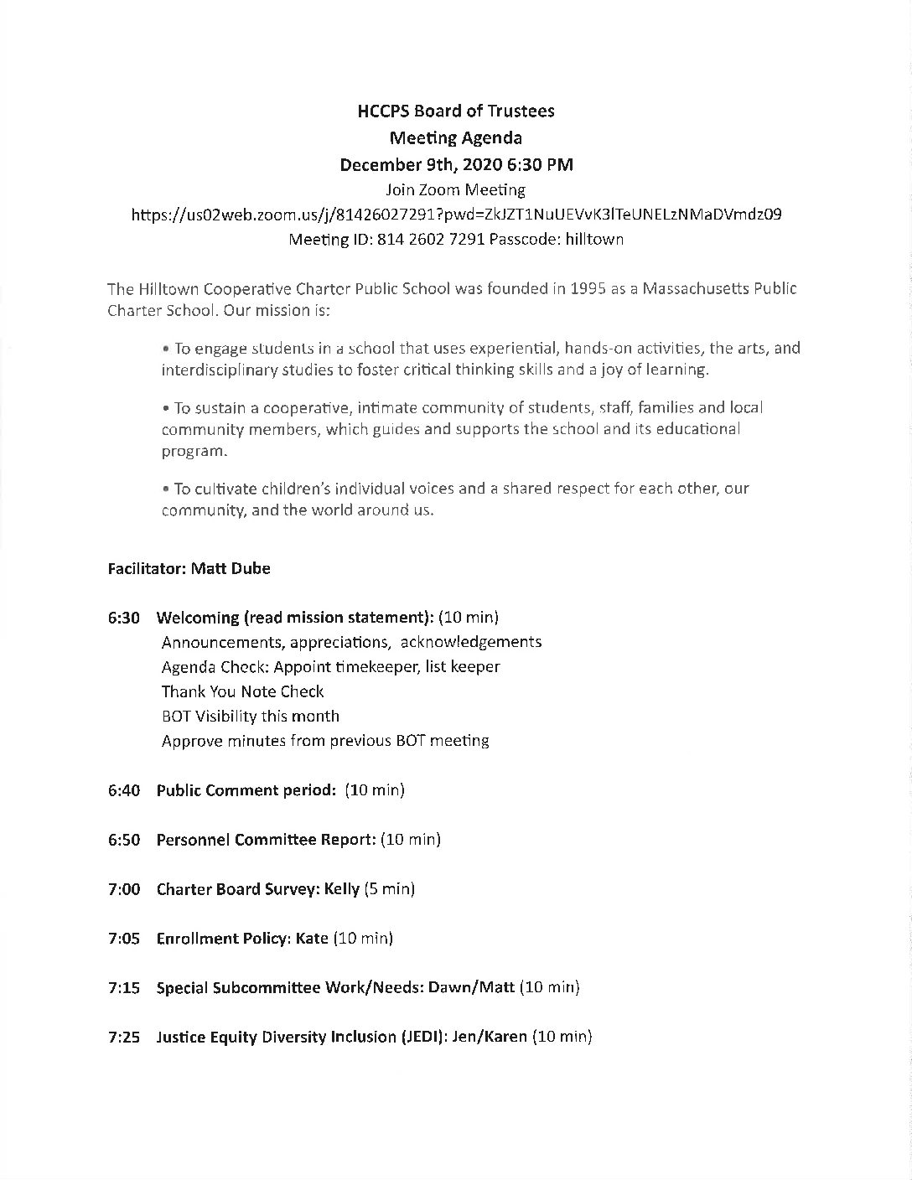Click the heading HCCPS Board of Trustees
click(456, 111)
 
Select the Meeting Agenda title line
click(456, 137)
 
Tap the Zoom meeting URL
click(457, 215)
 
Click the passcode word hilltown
click(594, 240)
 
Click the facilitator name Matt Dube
click(231, 568)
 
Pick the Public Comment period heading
click(246, 790)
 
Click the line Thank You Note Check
click(242, 692)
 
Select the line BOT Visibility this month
click(251, 717)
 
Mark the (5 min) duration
click(390, 889)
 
